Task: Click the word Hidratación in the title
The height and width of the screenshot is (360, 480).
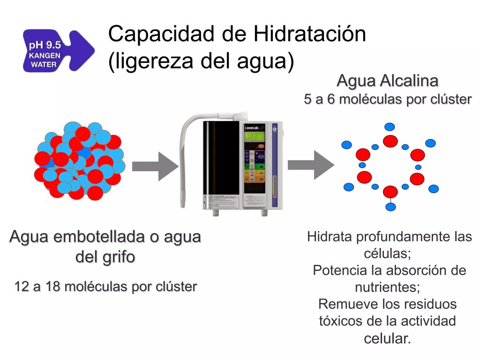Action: (x=309, y=34)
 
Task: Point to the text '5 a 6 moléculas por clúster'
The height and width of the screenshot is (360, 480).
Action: (x=388, y=99)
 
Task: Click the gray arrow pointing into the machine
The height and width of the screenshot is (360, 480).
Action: (x=155, y=166)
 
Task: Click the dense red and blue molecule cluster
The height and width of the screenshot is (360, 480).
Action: (x=79, y=160)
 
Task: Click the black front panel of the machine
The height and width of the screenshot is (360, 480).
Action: (x=221, y=164)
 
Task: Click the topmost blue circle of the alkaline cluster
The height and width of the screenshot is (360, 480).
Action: (x=390, y=127)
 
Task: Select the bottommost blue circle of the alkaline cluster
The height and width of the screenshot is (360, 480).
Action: (x=390, y=206)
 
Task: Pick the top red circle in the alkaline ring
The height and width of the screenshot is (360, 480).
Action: (x=390, y=141)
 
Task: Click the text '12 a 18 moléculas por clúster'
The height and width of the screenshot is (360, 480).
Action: (x=105, y=286)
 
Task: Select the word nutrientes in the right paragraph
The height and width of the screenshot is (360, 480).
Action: (x=387, y=286)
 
